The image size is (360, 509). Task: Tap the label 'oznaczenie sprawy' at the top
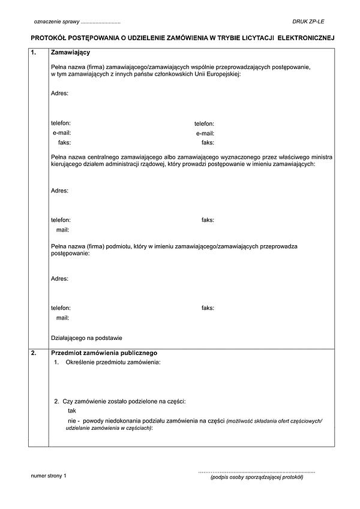[x=56, y=22]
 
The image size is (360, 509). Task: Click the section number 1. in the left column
[x=34, y=53]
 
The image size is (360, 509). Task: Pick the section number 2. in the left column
[x=34, y=353]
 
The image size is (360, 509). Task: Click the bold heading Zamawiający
[x=71, y=53]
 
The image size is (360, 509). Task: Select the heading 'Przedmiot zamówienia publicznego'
[x=104, y=353]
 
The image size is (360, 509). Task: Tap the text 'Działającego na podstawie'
[x=86, y=338]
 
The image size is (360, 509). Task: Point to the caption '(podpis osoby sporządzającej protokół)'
[x=257, y=477]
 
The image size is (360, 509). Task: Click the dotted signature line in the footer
[x=257, y=472]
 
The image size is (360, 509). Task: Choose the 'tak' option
[x=72, y=411]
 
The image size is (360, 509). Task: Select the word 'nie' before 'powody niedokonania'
[x=72, y=421]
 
